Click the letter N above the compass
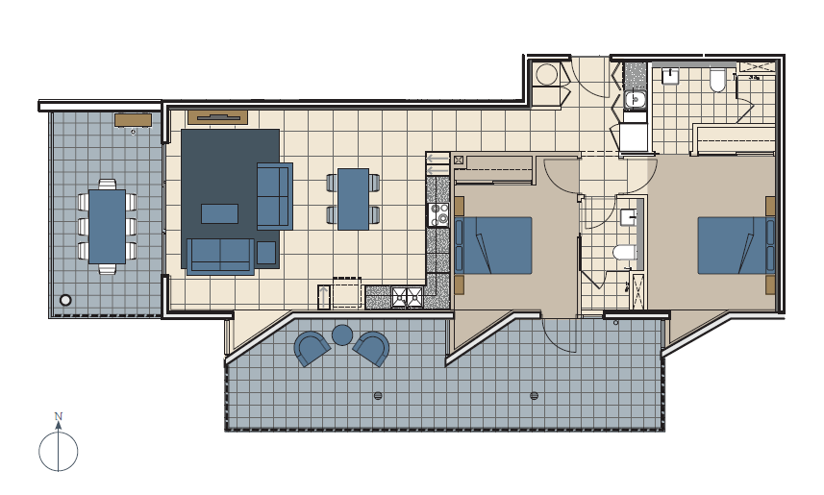[59, 416]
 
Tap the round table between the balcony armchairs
[342, 334]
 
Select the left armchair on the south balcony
[312, 348]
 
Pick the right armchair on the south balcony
[371, 348]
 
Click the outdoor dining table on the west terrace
[107, 227]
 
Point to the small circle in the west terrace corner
[65, 300]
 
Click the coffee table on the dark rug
[219, 214]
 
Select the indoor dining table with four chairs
[353, 199]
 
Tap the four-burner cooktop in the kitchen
[439, 214]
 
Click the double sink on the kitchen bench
[408, 297]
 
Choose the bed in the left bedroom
[493, 245]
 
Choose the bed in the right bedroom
[737, 245]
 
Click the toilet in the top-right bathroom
[717, 80]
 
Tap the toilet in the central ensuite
[625, 252]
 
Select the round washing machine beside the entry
[546, 75]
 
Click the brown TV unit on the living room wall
[217, 117]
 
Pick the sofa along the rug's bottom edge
[221, 257]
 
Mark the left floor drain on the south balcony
[378, 396]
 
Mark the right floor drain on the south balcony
[535, 396]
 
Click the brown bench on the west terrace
[134, 120]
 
